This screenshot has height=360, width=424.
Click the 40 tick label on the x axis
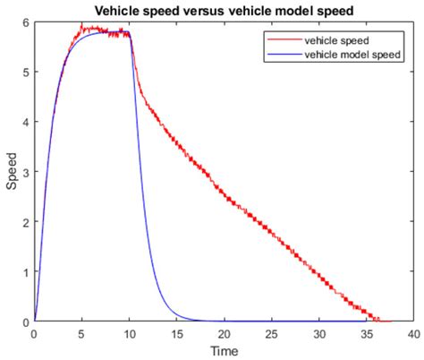point(413,332)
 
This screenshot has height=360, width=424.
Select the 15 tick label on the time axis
point(176,332)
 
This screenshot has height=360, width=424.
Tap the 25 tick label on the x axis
point(271,332)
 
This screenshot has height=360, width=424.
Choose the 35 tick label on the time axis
point(366,332)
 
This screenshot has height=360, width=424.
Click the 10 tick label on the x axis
point(129,332)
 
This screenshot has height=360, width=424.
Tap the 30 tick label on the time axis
point(318,332)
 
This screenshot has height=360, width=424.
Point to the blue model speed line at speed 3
point(141,172)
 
